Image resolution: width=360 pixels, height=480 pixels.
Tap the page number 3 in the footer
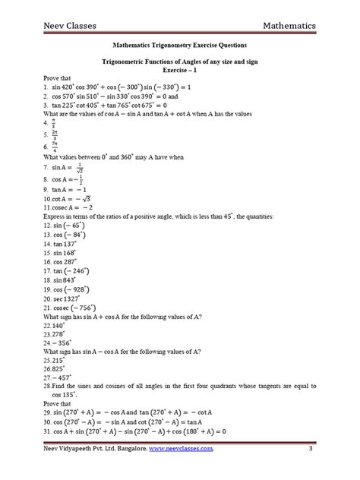click(311, 455)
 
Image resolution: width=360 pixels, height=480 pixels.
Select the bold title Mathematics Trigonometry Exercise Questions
click(180, 45)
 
